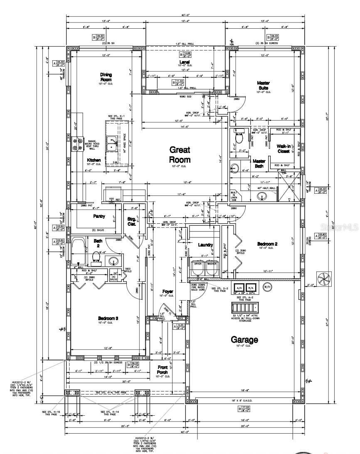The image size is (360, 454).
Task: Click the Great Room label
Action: pos(180,155)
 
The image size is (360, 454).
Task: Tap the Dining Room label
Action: pos(106,77)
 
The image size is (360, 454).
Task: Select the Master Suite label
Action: pos(263,86)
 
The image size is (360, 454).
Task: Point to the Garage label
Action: pos(244,340)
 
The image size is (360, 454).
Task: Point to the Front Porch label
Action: pos(163,370)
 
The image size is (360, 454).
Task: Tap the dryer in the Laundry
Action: pos(198,268)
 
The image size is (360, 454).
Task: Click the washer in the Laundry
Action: pos(212,268)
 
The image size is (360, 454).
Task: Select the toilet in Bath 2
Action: pos(96,260)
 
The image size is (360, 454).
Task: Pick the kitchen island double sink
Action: pos(111,143)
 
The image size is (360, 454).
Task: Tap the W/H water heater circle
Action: pos(267,287)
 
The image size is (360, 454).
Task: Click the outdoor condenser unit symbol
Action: pos(323,278)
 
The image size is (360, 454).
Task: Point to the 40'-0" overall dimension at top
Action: pos(183,16)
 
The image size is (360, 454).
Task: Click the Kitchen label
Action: pos(94,160)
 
